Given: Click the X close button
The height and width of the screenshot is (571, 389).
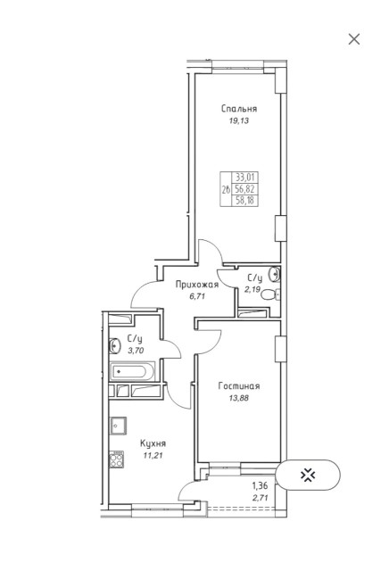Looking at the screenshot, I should (x=354, y=38).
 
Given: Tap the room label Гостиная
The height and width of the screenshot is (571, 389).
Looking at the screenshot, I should (x=239, y=386).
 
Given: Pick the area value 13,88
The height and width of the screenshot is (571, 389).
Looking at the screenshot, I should (x=239, y=399).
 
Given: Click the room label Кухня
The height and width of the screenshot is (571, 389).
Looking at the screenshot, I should (x=153, y=443).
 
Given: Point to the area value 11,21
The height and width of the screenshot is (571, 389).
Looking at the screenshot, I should (x=153, y=454).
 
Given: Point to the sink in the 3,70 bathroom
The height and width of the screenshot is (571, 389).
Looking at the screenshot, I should (x=114, y=346).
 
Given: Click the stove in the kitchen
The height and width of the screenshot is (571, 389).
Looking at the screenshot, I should (x=116, y=460).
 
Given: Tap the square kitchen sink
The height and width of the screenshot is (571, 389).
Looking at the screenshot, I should (x=116, y=424).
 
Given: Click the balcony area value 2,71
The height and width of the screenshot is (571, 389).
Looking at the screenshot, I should (x=261, y=497).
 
